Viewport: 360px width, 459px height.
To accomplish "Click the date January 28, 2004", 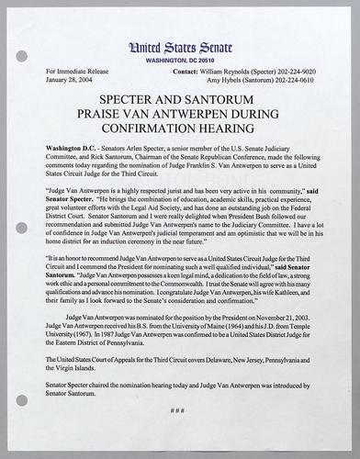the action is click(x=65, y=79).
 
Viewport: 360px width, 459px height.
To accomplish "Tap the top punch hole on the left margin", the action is click(x=21, y=56).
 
